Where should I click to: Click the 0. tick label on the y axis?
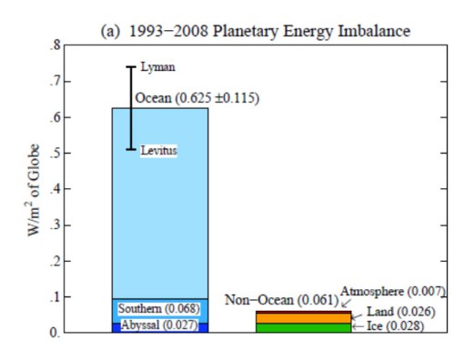pos(56,334)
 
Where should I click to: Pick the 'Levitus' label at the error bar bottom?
pos(158,150)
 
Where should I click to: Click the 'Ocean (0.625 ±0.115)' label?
pos(197,97)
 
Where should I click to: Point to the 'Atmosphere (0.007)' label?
pos(392,291)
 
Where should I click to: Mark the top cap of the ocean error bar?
pos(130,66)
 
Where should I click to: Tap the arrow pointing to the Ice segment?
pos(357,325)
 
